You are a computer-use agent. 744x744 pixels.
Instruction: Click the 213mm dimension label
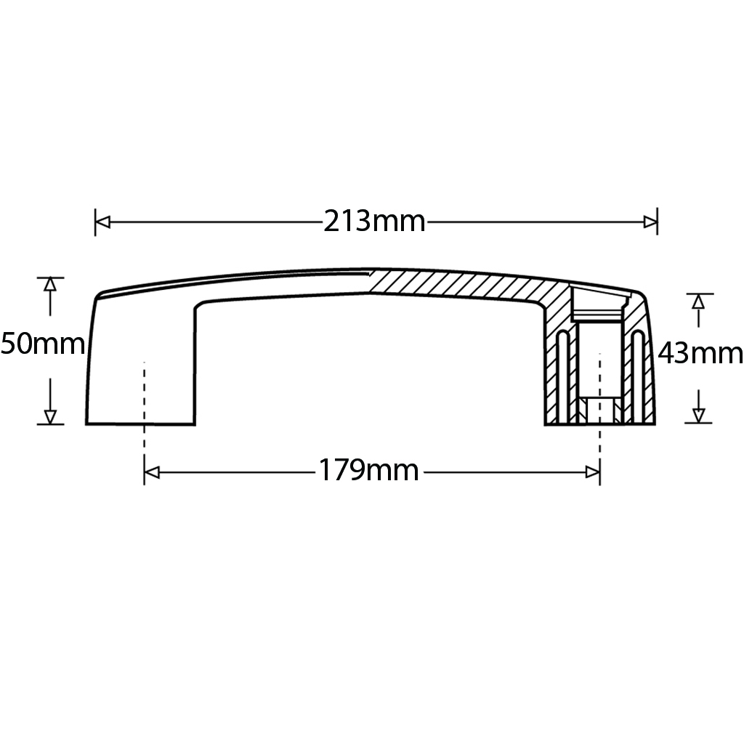point(374,221)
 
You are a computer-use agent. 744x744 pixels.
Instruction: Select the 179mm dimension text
point(368,472)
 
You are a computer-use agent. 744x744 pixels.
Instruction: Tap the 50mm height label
point(42,344)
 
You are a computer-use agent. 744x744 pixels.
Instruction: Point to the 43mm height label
point(700,354)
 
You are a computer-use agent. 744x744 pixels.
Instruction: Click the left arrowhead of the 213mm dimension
point(102,222)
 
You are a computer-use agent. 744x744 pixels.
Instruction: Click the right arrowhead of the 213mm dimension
point(650,222)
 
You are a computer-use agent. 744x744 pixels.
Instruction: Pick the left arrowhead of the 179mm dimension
point(151,473)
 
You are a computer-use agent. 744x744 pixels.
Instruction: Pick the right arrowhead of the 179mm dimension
point(592,473)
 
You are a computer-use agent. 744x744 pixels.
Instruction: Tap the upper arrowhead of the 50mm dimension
point(50,285)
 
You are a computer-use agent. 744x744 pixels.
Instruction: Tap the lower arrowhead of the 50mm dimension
point(50,416)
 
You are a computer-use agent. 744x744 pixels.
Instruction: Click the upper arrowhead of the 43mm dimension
point(698,301)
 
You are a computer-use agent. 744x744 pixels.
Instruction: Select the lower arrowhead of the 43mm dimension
point(698,415)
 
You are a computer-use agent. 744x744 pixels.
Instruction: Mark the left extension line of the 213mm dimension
point(95,222)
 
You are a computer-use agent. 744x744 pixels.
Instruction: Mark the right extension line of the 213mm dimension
point(658,222)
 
